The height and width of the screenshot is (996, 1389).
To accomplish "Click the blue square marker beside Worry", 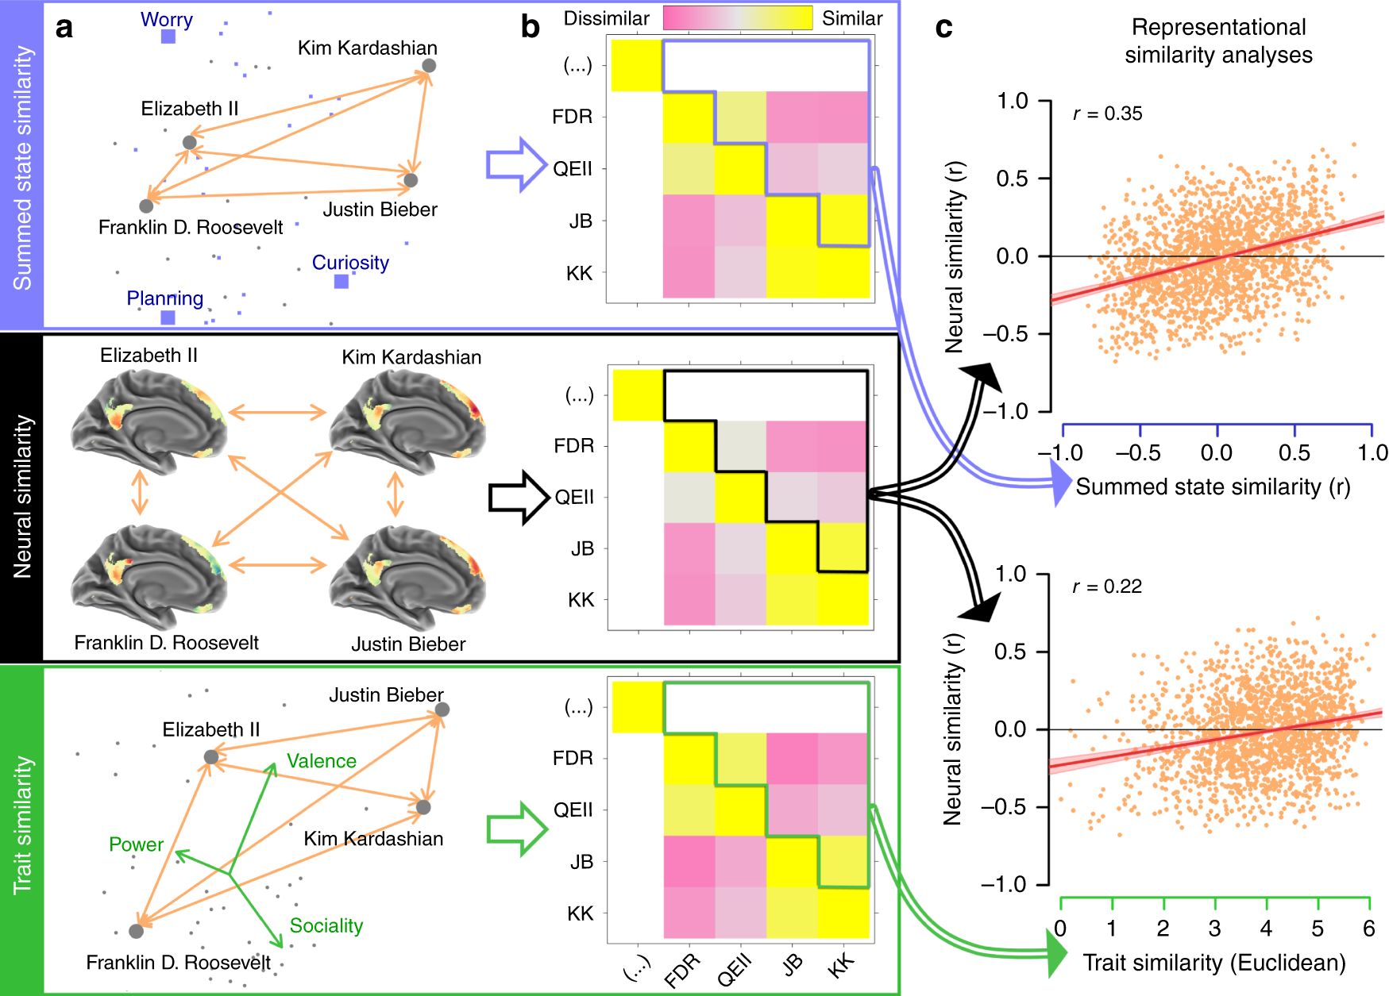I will (x=168, y=37).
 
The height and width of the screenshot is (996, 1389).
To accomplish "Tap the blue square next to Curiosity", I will (x=341, y=281).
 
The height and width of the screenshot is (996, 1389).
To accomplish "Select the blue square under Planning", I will (x=168, y=317).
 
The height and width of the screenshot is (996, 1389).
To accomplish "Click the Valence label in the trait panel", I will (x=321, y=761).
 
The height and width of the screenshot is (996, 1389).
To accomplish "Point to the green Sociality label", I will (x=326, y=925).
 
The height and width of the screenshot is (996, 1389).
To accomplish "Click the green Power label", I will (x=136, y=844).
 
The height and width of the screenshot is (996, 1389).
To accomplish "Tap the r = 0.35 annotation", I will (x=1107, y=114).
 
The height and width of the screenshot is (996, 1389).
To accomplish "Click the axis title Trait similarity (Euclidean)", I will (x=1214, y=963).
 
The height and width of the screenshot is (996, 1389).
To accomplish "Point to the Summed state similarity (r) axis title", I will (x=1213, y=486).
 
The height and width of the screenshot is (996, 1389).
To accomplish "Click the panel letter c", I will (x=943, y=28).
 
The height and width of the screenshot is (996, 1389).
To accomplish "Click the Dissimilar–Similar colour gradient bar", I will (x=738, y=18).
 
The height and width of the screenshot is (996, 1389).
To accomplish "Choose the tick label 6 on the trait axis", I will (x=1368, y=929).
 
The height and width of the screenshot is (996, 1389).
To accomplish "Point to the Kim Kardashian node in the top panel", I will (x=429, y=66).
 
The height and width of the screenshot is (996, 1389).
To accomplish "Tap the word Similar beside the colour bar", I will (x=852, y=18).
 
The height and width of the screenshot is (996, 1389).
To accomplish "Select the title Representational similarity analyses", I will (x=1218, y=41).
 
